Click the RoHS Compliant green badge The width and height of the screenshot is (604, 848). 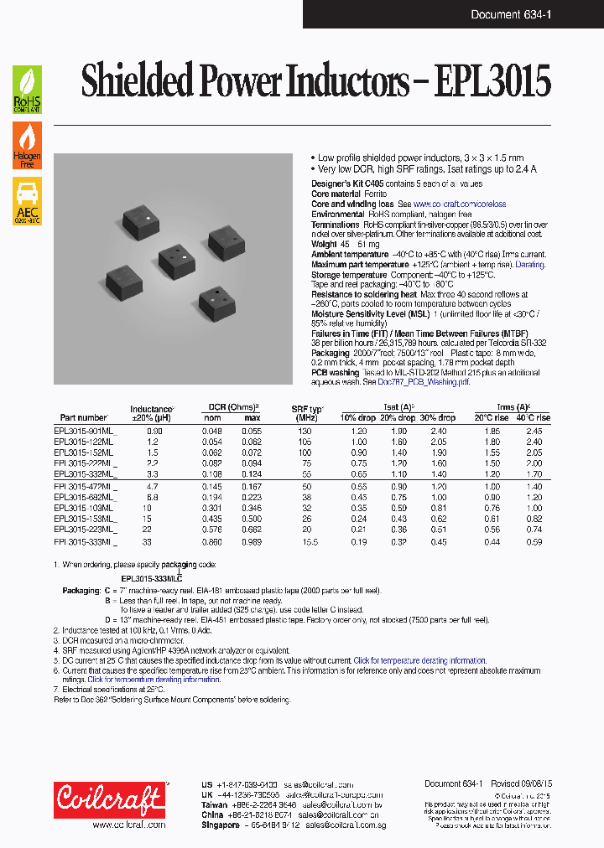(x=27, y=90)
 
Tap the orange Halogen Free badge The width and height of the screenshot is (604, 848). (x=27, y=146)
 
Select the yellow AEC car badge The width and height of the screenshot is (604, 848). (x=27, y=202)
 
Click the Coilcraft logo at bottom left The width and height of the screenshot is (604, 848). (x=109, y=801)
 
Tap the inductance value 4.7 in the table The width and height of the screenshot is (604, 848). (x=153, y=486)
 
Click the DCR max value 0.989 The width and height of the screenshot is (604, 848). (x=252, y=542)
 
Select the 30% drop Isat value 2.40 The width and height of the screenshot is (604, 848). (x=440, y=430)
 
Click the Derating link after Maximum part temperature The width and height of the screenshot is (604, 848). (x=529, y=264)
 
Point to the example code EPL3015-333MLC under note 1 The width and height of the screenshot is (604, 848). (x=152, y=578)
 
